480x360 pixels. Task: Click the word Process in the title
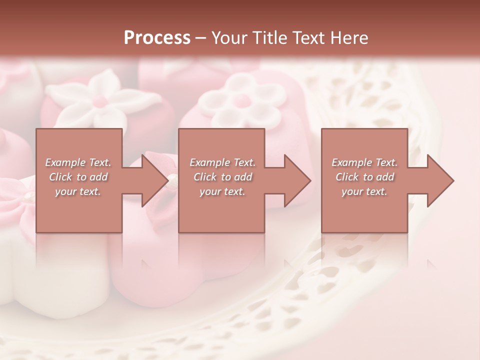157,38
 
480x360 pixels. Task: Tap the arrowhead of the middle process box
296,180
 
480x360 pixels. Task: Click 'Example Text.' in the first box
78,162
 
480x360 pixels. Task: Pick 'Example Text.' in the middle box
222,162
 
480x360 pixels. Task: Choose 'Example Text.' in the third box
364,162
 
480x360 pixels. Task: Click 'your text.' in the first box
78,191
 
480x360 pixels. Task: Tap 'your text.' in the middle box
222,191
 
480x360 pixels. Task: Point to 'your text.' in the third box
364,191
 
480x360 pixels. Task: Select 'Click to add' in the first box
78,177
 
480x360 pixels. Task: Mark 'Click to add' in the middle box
222,177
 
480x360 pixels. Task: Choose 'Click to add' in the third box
364,177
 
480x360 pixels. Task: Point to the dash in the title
201,38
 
